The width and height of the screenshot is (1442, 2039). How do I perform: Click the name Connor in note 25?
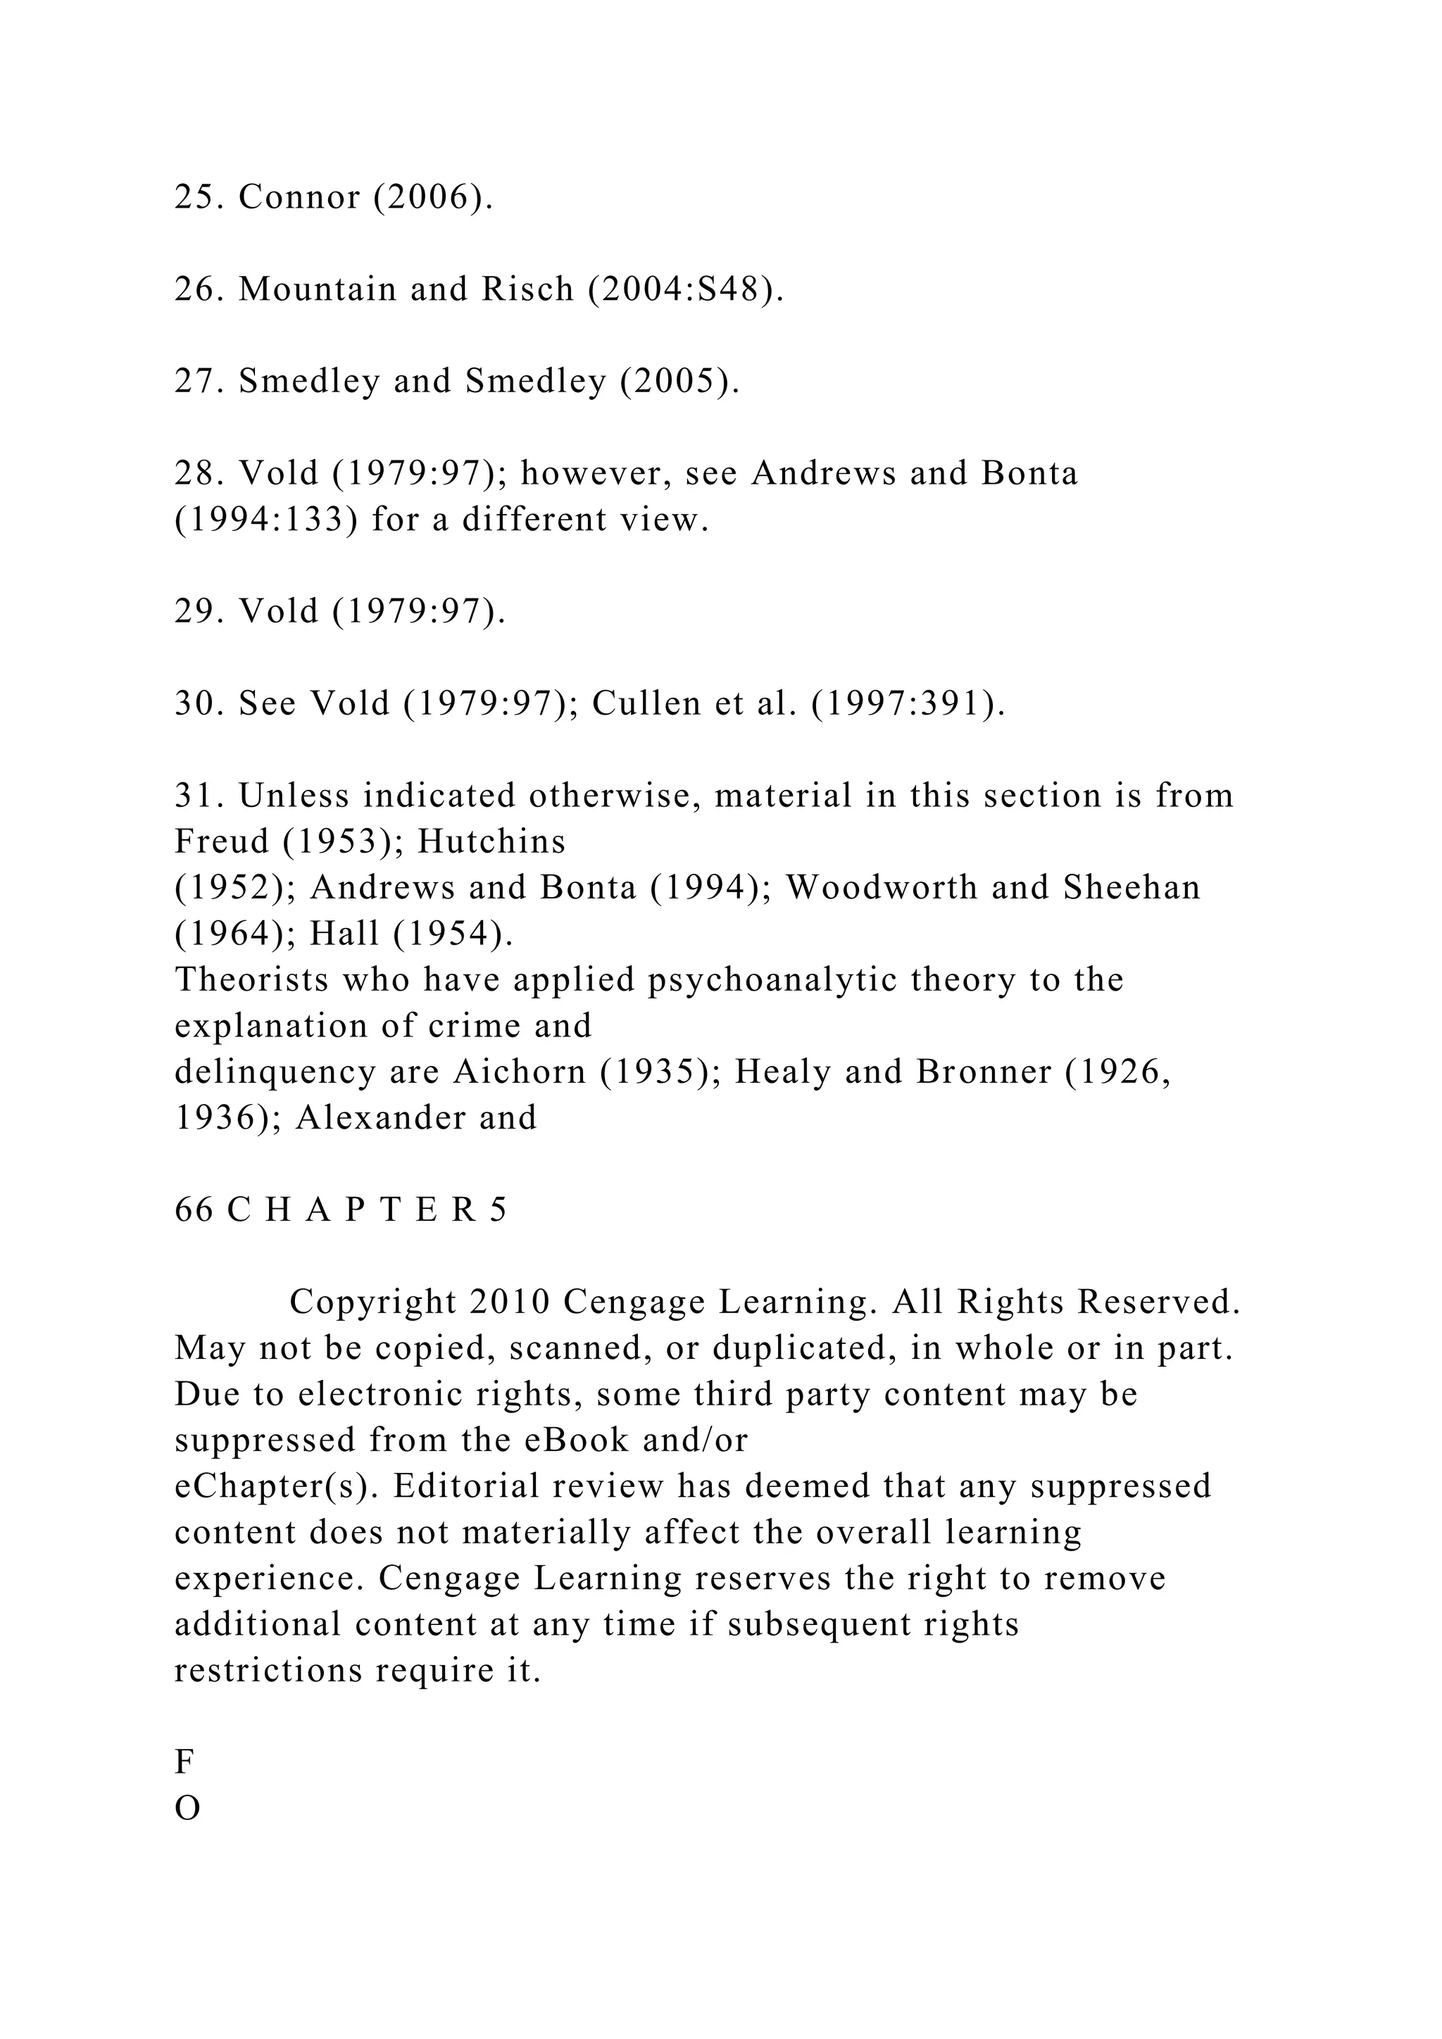pyautogui.click(x=299, y=197)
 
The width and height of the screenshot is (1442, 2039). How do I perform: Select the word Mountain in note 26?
pyautogui.click(x=317, y=289)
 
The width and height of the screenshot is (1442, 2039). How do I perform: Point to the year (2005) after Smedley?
pyautogui.click(x=679, y=381)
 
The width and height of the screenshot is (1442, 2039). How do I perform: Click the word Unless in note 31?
pyautogui.click(x=294, y=796)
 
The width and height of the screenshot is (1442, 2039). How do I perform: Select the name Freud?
pyautogui.click(x=221, y=842)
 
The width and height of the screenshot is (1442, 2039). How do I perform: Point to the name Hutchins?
pyautogui.click(x=491, y=842)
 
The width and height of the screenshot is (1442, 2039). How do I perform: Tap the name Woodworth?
pyautogui.click(x=881, y=888)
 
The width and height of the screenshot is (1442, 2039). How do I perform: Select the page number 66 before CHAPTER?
pyautogui.click(x=194, y=1210)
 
